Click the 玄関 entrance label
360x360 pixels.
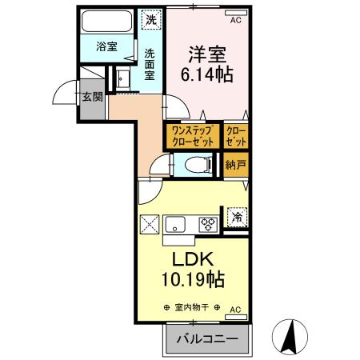tap(91, 98)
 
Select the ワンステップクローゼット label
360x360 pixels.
tap(190, 135)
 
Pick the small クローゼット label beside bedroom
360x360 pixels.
tap(236, 135)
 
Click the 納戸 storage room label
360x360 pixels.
tap(235, 166)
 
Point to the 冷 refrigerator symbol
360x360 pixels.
tap(237, 216)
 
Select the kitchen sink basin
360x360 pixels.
tap(177, 223)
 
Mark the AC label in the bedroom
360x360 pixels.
tap(235, 22)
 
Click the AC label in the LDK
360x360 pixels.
tap(236, 308)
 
